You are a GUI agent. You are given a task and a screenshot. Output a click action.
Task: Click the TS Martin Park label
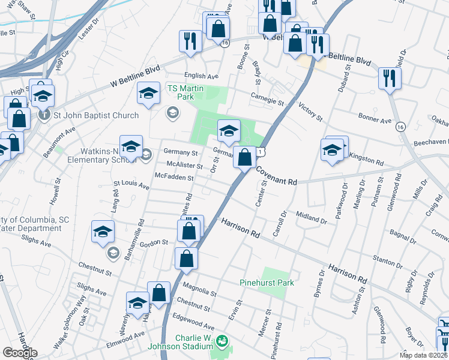click(185, 92)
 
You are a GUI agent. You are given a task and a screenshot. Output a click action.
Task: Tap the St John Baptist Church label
click(95, 115)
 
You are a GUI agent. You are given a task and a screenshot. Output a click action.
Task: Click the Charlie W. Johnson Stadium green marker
click(222, 341)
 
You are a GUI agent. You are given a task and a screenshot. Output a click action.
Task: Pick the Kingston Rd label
click(367, 161)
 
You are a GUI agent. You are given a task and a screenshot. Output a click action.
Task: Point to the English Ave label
click(202, 76)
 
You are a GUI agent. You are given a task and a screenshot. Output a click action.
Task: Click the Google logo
click(20, 353)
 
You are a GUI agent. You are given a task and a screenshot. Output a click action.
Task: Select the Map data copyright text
click(423, 355)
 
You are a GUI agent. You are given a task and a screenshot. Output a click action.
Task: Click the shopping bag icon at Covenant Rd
click(244, 158)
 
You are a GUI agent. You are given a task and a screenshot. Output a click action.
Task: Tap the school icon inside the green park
click(229, 131)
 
